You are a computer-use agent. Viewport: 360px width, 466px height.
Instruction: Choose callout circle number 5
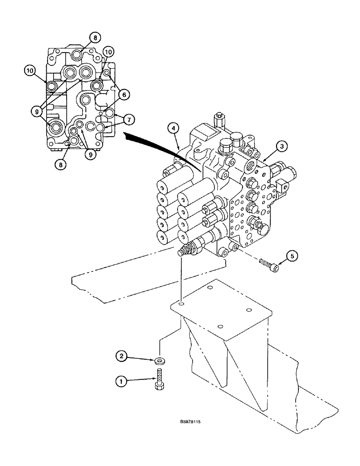(291, 255)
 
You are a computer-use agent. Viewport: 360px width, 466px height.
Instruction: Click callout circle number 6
(123, 94)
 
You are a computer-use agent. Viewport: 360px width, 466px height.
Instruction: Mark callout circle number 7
(129, 119)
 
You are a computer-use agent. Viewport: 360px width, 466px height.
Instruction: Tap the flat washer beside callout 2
(160, 361)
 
